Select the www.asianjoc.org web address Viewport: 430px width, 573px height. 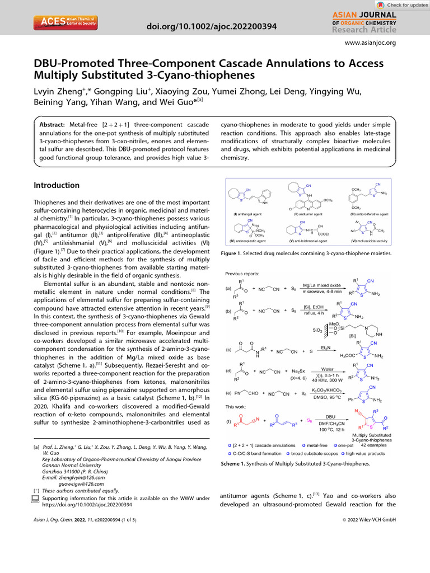[371, 43]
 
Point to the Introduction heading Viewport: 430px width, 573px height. [57, 185]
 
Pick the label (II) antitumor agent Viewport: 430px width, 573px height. [309, 214]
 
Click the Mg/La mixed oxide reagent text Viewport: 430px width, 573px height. [321, 285]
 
